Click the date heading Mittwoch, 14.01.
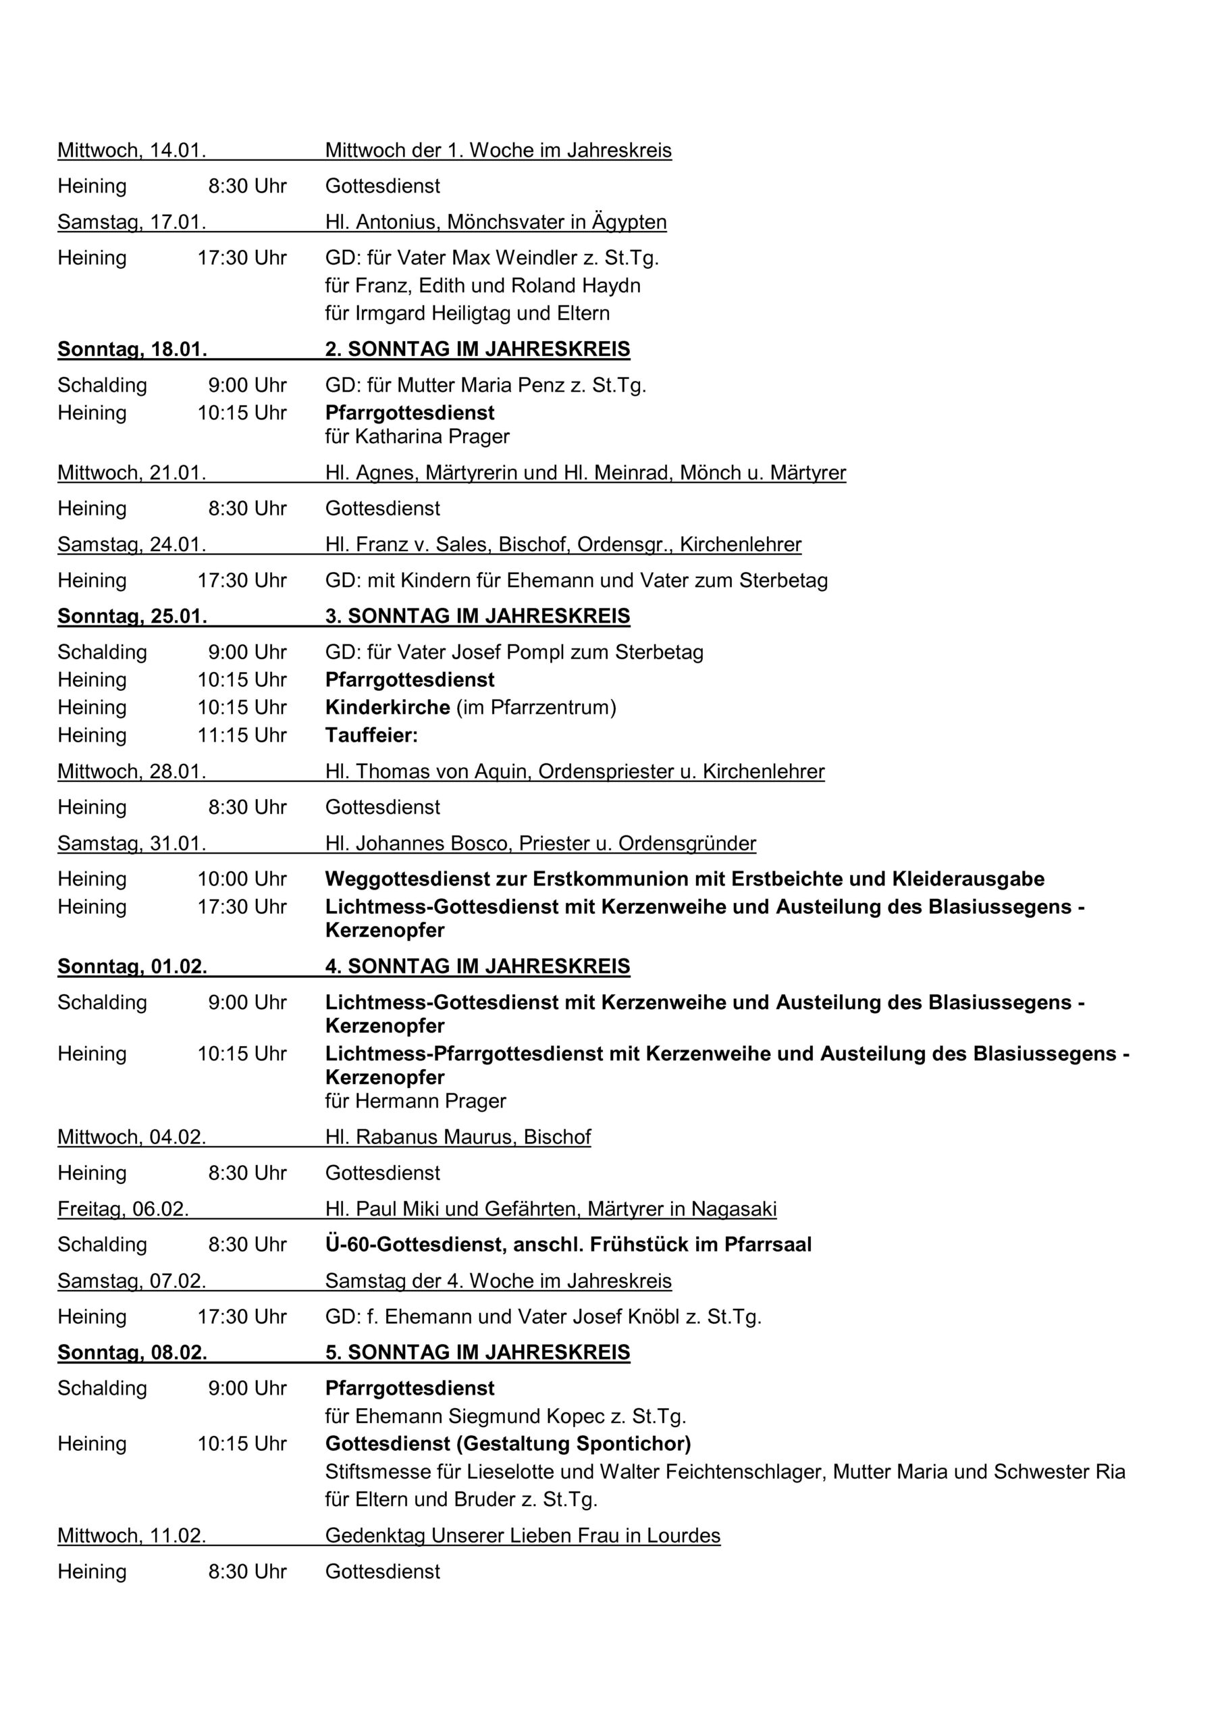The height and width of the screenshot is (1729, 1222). click(x=132, y=151)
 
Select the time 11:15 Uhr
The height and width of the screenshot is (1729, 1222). click(x=242, y=735)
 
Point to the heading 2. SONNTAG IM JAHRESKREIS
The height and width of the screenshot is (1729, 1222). click(x=477, y=349)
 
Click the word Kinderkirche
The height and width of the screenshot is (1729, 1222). click(x=387, y=708)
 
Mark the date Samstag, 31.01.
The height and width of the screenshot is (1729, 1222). click(x=132, y=844)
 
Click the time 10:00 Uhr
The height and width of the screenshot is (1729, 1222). click(x=242, y=879)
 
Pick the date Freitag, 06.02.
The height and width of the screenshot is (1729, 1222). click(x=123, y=1210)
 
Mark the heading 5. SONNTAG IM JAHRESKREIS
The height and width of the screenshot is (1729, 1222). click(x=477, y=1353)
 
